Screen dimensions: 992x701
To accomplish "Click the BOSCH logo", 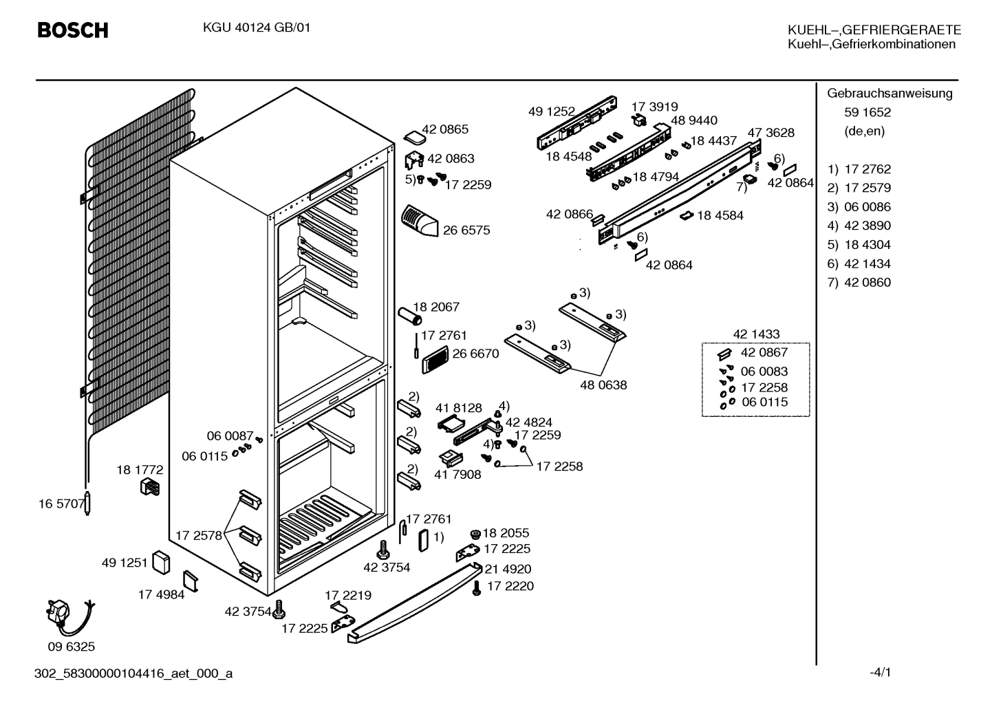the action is [73, 30].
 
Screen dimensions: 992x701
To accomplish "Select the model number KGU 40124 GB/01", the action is [257, 28].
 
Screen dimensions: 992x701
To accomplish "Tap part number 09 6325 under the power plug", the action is [72, 647].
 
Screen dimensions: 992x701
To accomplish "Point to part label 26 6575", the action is [466, 230].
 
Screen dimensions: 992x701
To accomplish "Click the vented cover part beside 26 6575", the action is [419, 221].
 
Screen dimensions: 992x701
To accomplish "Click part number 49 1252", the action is [551, 111].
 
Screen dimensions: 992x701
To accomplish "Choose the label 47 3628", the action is [771, 132].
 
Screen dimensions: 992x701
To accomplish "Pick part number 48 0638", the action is [603, 385].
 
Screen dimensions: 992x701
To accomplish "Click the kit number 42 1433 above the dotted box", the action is [757, 334].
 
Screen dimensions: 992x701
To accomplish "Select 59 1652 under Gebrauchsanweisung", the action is [867, 112].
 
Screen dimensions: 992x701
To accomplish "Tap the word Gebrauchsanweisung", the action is [889, 93].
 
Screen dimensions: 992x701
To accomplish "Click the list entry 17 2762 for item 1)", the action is [867, 169].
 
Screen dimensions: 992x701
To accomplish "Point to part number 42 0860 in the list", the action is [867, 282].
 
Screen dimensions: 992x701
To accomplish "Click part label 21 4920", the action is [508, 569].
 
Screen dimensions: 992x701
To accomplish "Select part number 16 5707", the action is [61, 504].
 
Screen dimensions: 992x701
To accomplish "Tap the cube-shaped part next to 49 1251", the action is [161, 563].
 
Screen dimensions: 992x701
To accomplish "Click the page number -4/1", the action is [880, 672].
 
